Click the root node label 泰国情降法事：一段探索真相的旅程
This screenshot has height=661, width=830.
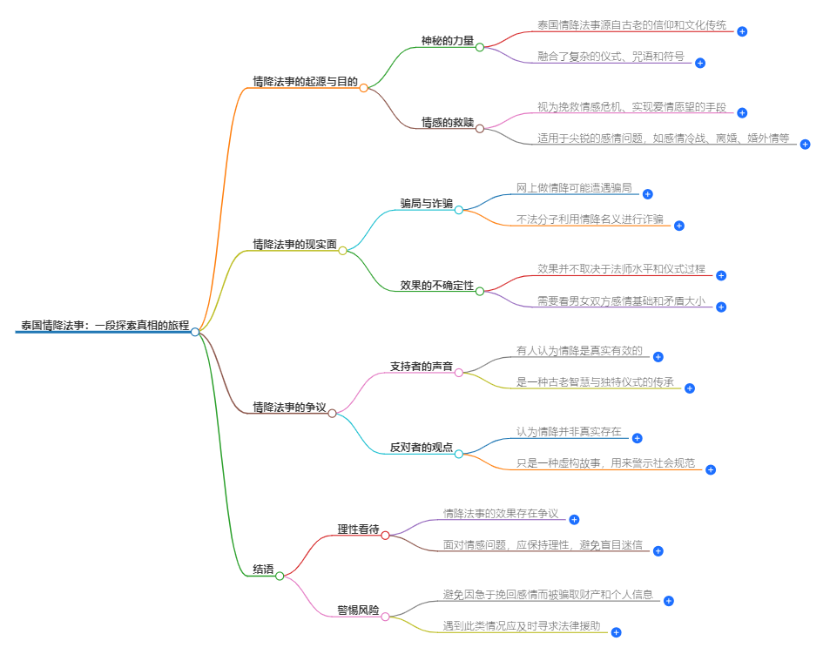point(105,326)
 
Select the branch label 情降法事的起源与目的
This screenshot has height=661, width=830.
point(305,82)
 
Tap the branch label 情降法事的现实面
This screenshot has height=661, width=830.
point(294,245)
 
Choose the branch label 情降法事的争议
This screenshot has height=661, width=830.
point(289,408)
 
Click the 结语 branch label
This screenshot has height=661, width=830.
point(263,570)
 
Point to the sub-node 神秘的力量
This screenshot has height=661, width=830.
point(448,41)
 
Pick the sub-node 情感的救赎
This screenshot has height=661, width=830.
point(448,123)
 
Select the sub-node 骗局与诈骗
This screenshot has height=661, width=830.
point(427,204)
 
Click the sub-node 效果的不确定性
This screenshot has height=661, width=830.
point(437,286)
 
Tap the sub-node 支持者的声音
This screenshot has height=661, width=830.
point(422,367)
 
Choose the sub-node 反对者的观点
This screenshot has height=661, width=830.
point(422,448)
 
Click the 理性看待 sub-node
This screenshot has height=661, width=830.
point(359,529)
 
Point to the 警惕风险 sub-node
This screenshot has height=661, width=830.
point(359,610)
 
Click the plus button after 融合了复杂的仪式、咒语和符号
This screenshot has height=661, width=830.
point(700,63)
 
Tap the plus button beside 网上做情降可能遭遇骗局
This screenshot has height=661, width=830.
point(648,194)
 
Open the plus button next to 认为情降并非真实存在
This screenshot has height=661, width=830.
point(638,438)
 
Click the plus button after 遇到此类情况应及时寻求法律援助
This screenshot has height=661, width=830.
point(617,632)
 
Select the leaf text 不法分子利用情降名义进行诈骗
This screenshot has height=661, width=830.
point(590,219)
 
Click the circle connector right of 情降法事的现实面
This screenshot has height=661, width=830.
point(343,251)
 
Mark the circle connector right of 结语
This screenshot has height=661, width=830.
point(280,576)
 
